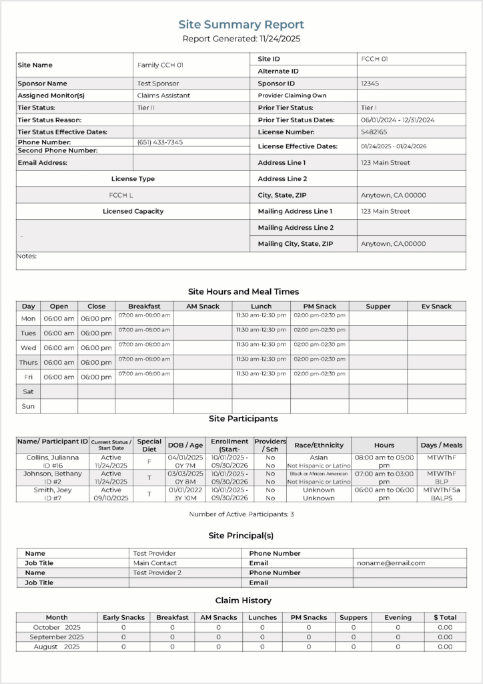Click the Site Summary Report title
click(x=241, y=25)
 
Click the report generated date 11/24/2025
click(x=241, y=39)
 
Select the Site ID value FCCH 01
click(x=374, y=59)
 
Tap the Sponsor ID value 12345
click(x=370, y=83)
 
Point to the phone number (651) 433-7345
click(x=160, y=142)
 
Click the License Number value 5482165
click(x=374, y=132)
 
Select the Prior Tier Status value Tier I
click(x=368, y=108)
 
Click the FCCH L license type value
click(x=121, y=195)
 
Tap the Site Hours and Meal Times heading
click(x=244, y=291)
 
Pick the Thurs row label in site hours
click(x=28, y=362)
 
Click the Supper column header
click(x=378, y=306)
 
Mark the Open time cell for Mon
click(x=59, y=319)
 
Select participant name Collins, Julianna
click(x=52, y=458)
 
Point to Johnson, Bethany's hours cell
click(x=384, y=478)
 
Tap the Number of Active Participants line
click(x=241, y=514)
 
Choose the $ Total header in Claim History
click(x=444, y=617)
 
